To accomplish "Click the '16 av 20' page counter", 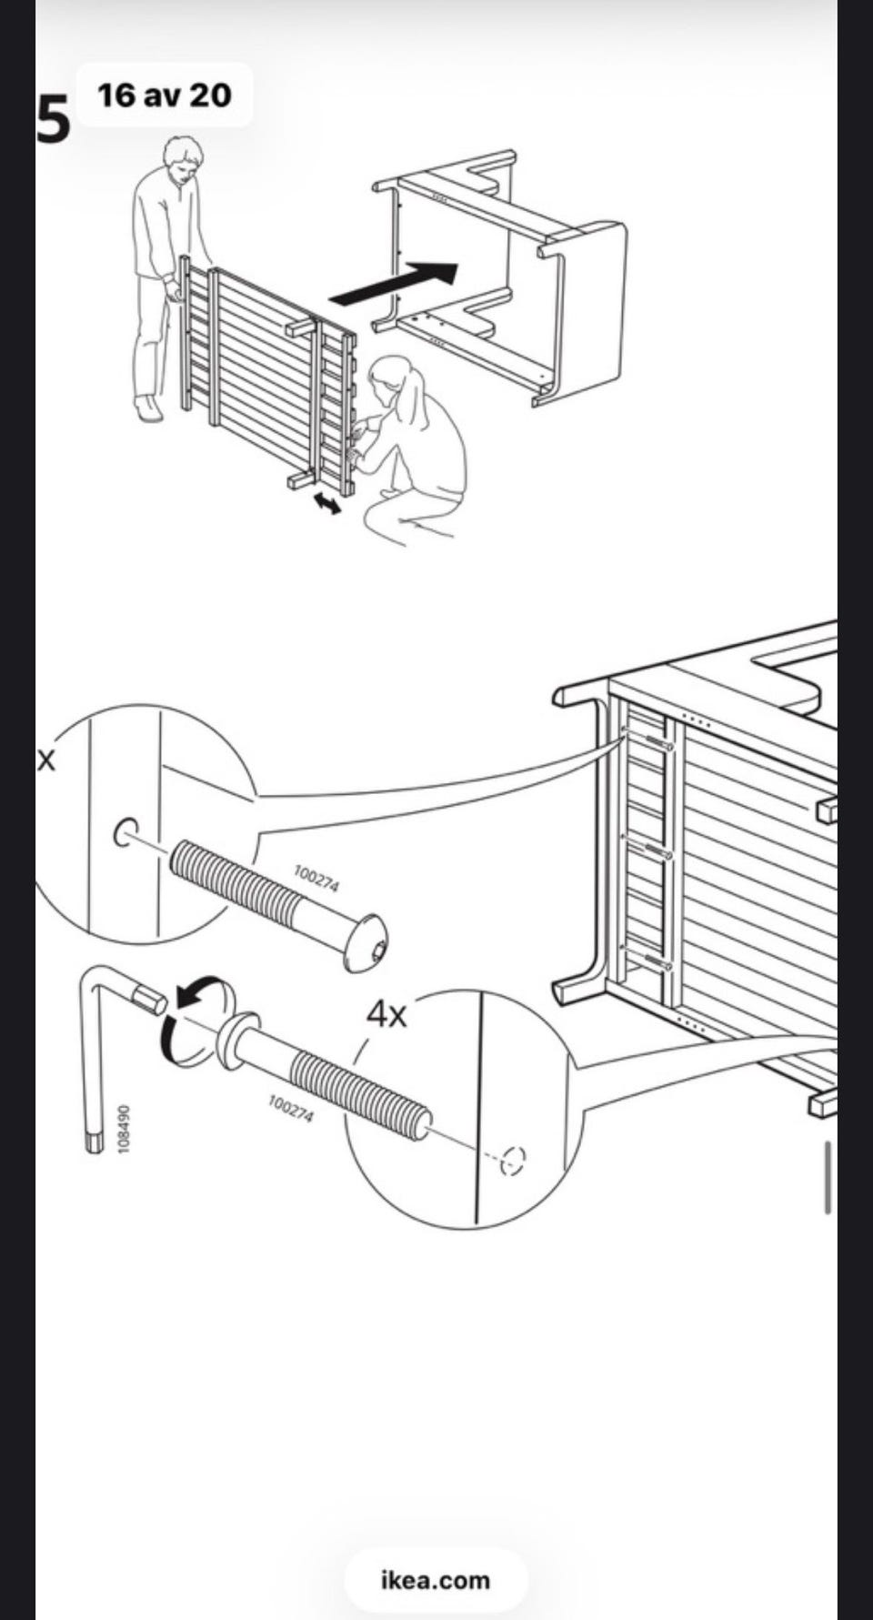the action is (x=165, y=95).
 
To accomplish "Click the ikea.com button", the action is (x=436, y=1580).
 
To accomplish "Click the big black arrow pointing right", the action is (x=394, y=282).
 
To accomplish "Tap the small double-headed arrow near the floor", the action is (x=325, y=500).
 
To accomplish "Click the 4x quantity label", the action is (x=386, y=1012).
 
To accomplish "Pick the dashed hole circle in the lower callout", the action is (x=514, y=1159).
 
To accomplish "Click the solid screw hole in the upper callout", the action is (x=125, y=831).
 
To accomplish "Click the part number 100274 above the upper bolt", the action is (x=316, y=879).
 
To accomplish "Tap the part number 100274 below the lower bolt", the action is (x=291, y=1109).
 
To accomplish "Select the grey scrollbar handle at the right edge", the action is (x=828, y=1177).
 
